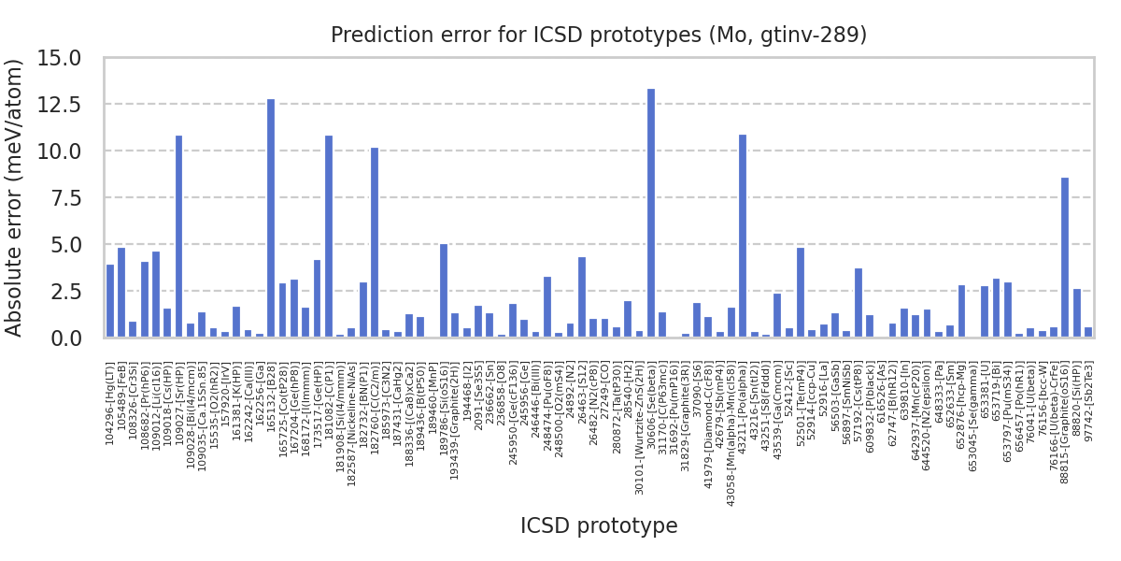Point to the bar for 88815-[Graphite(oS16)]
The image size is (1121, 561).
(x=1065, y=257)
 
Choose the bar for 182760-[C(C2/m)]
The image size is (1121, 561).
(x=375, y=242)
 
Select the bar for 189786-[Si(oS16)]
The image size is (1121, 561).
(x=444, y=290)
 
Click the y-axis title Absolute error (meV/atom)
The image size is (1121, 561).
(x=15, y=196)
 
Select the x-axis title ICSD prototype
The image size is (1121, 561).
(x=599, y=526)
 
